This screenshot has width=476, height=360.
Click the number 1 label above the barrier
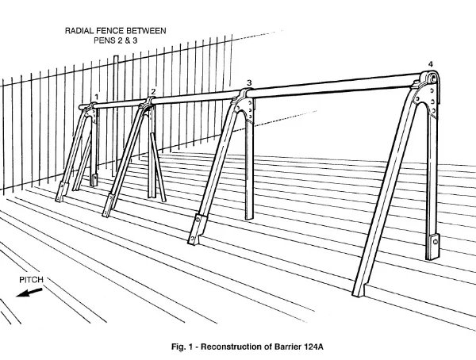point(96,98)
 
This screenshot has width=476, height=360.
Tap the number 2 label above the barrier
point(153,91)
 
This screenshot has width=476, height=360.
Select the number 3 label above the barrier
point(249,82)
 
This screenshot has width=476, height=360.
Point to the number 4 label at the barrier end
point(431,63)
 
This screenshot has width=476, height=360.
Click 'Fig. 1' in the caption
point(192,347)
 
